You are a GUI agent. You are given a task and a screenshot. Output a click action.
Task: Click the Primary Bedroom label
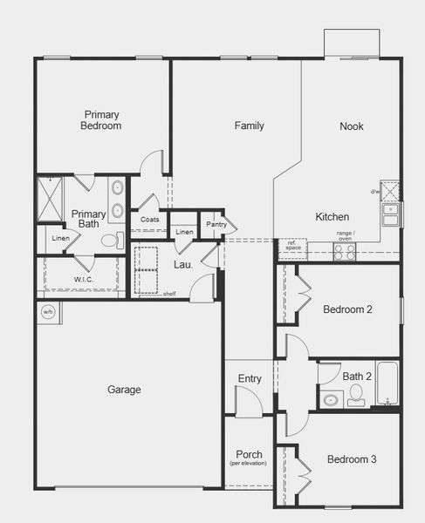pos(102,120)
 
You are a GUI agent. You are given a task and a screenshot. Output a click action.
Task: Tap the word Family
pos(249,126)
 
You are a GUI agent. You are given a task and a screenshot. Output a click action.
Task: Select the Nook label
pos(352,126)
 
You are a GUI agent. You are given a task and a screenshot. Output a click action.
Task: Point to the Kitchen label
pos(332,217)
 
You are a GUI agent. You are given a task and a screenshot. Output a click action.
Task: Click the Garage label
pos(124,390)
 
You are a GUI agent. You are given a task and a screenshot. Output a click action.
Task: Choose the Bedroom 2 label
pos(347,309)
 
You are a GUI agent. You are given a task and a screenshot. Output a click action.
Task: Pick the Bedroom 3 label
pos(352,459)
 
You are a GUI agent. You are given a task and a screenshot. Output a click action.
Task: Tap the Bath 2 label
pos(357,377)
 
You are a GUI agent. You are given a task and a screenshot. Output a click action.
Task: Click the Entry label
pos(250,378)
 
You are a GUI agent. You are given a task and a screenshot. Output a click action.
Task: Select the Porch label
pos(249,455)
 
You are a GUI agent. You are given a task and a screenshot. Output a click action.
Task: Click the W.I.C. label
pos(83,280)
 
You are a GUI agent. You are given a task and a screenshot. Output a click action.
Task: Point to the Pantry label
pos(216,225)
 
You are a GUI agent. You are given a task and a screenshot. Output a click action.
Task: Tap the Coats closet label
pos(149,220)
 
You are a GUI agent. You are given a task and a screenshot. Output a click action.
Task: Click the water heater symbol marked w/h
pos(48,311)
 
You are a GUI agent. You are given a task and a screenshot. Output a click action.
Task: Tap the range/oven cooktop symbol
pos(345,251)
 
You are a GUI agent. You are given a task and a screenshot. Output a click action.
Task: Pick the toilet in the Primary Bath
pos(111,240)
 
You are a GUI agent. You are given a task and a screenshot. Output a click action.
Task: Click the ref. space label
pos(292,246)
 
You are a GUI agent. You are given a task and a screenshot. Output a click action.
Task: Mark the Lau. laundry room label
pos(182,264)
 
